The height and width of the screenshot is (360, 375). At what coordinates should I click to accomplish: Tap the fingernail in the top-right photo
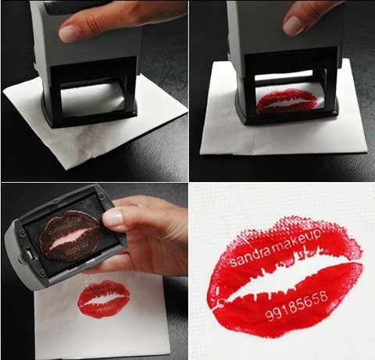pyautogui.click(x=293, y=26)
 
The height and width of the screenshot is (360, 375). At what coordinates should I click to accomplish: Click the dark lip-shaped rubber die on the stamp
pyautogui.click(x=70, y=236)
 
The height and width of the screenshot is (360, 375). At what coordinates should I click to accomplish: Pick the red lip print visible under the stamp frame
pyautogui.click(x=287, y=100)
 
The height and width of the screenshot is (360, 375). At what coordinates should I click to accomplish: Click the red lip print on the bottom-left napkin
pyautogui.click(x=104, y=299)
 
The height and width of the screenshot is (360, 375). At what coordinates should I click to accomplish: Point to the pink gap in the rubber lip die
pyautogui.click(x=70, y=237)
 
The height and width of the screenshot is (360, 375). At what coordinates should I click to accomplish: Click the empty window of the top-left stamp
pyautogui.click(x=91, y=100)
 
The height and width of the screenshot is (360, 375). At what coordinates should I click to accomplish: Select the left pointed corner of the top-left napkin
pyautogui.click(x=3, y=91)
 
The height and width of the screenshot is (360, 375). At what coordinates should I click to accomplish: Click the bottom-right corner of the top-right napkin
pyautogui.click(x=366, y=151)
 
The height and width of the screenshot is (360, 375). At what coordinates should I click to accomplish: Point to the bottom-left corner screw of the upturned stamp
pyautogui.click(x=42, y=273)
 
